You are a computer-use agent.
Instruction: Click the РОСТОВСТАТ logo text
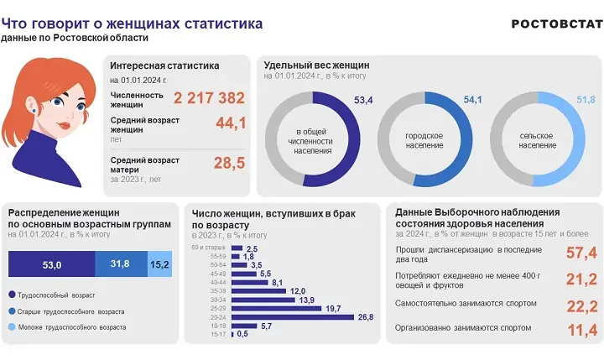click(556, 23)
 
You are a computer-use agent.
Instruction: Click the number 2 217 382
click(209, 98)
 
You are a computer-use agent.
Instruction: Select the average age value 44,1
click(230, 124)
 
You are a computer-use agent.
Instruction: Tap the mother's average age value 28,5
click(229, 163)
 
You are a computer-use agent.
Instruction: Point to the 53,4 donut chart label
click(363, 101)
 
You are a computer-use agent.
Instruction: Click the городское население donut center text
click(424, 140)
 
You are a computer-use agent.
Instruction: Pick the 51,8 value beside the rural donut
click(586, 101)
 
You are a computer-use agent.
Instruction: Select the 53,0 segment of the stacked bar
click(51, 264)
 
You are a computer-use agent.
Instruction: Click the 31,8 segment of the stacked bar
click(120, 264)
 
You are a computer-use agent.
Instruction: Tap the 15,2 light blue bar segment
click(159, 264)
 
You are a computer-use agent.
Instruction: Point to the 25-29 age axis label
click(221, 308)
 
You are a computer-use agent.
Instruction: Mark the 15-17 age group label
click(221, 334)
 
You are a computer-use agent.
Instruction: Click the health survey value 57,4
click(581, 253)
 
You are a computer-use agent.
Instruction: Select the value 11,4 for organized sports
click(581, 331)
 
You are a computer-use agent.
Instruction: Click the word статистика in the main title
click(216, 23)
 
